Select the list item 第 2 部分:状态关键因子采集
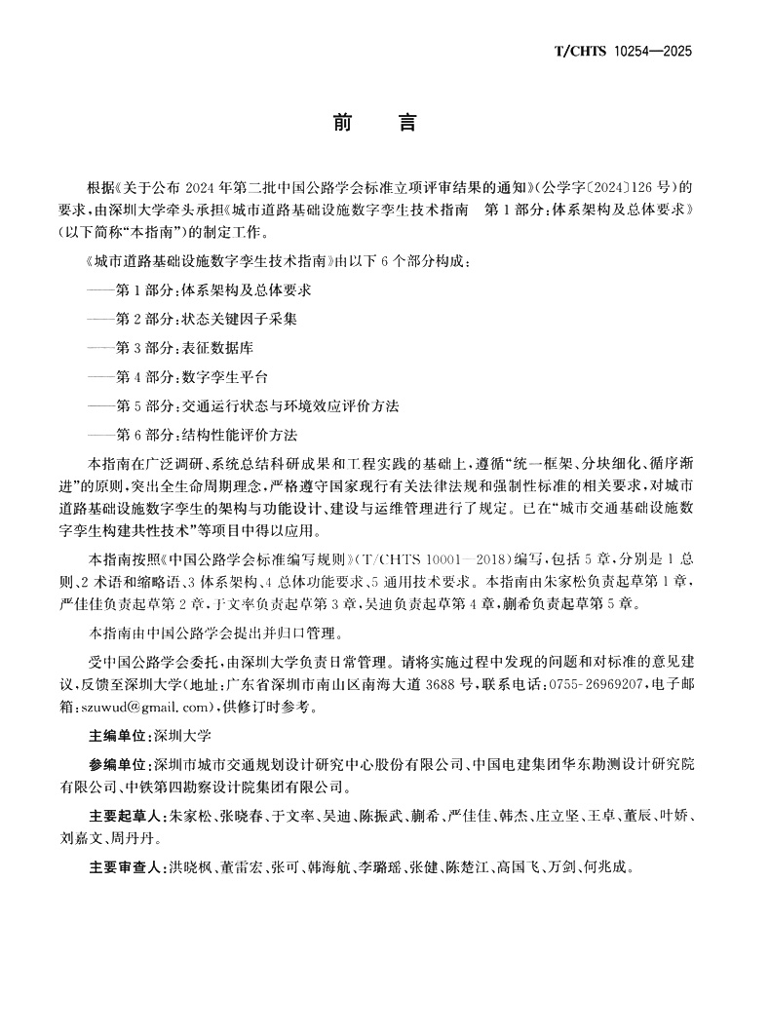click(x=205, y=318)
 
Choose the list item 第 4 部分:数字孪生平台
click(x=191, y=376)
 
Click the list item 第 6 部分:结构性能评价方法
click(x=205, y=434)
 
